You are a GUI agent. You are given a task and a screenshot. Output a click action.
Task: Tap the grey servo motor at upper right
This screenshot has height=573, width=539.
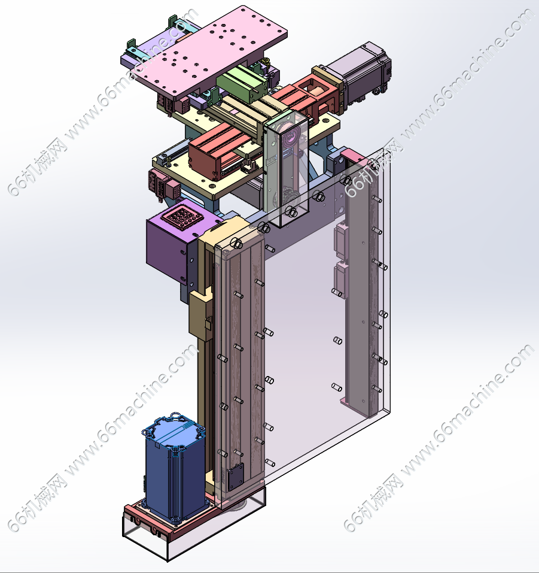click(x=361, y=73)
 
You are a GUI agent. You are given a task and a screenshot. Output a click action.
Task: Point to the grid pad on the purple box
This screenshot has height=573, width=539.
click(x=184, y=216)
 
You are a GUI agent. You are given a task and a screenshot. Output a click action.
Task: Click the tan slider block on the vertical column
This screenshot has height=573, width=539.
click(x=200, y=314)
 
